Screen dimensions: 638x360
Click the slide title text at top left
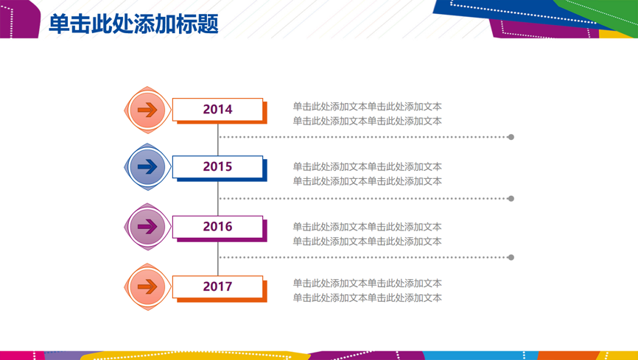(x=133, y=24)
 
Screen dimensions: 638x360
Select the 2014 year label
(x=217, y=109)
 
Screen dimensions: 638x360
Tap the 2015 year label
(x=217, y=166)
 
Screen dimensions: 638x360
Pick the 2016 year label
(x=217, y=227)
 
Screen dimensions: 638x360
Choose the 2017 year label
(x=217, y=286)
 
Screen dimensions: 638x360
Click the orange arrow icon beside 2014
(x=147, y=110)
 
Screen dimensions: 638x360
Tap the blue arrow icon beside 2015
(x=147, y=167)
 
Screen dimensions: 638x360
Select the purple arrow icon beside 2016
(x=147, y=227)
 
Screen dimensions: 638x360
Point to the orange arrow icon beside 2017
(x=147, y=287)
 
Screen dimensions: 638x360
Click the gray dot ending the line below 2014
(x=511, y=137)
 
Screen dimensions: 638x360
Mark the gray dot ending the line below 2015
(x=511, y=199)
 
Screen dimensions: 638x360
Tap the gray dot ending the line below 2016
(x=511, y=258)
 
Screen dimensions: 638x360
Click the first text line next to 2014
(x=367, y=107)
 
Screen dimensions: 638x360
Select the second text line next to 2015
(x=367, y=181)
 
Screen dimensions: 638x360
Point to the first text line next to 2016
(x=367, y=227)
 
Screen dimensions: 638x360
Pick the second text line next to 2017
(x=367, y=297)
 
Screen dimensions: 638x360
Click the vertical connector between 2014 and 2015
(x=217, y=140)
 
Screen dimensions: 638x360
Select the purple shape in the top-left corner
(x=20, y=19)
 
